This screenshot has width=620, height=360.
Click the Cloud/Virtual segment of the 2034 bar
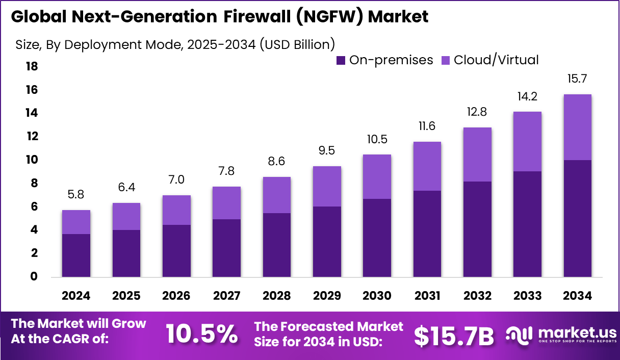pyautogui.click(x=577, y=127)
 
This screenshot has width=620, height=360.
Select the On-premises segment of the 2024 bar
pyautogui.click(x=76, y=255)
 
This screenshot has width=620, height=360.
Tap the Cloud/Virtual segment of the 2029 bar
pyautogui.click(x=327, y=187)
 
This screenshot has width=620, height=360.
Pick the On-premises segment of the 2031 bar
pyautogui.click(x=427, y=234)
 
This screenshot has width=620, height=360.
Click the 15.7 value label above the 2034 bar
pyautogui.click(x=577, y=79)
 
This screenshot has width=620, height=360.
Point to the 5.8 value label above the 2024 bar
pyautogui.click(x=76, y=195)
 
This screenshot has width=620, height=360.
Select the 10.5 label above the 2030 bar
pyautogui.click(x=377, y=139)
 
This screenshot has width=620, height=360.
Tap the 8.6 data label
pyautogui.click(x=277, y=162)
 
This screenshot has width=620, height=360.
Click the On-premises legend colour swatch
pyautogui.click(x=341, y=60)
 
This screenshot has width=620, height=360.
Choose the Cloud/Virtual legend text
pyautogui.click(x=496, y=60)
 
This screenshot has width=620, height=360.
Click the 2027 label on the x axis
pyautogui.click(x=226, y=296)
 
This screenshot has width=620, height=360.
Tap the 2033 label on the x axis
pyautogui.click(x=527, y=296)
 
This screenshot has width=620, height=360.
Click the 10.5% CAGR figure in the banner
pyautogui.click(x=202, y=335)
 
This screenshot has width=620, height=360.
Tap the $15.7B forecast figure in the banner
pyautogui.click(x=454, y=336)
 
